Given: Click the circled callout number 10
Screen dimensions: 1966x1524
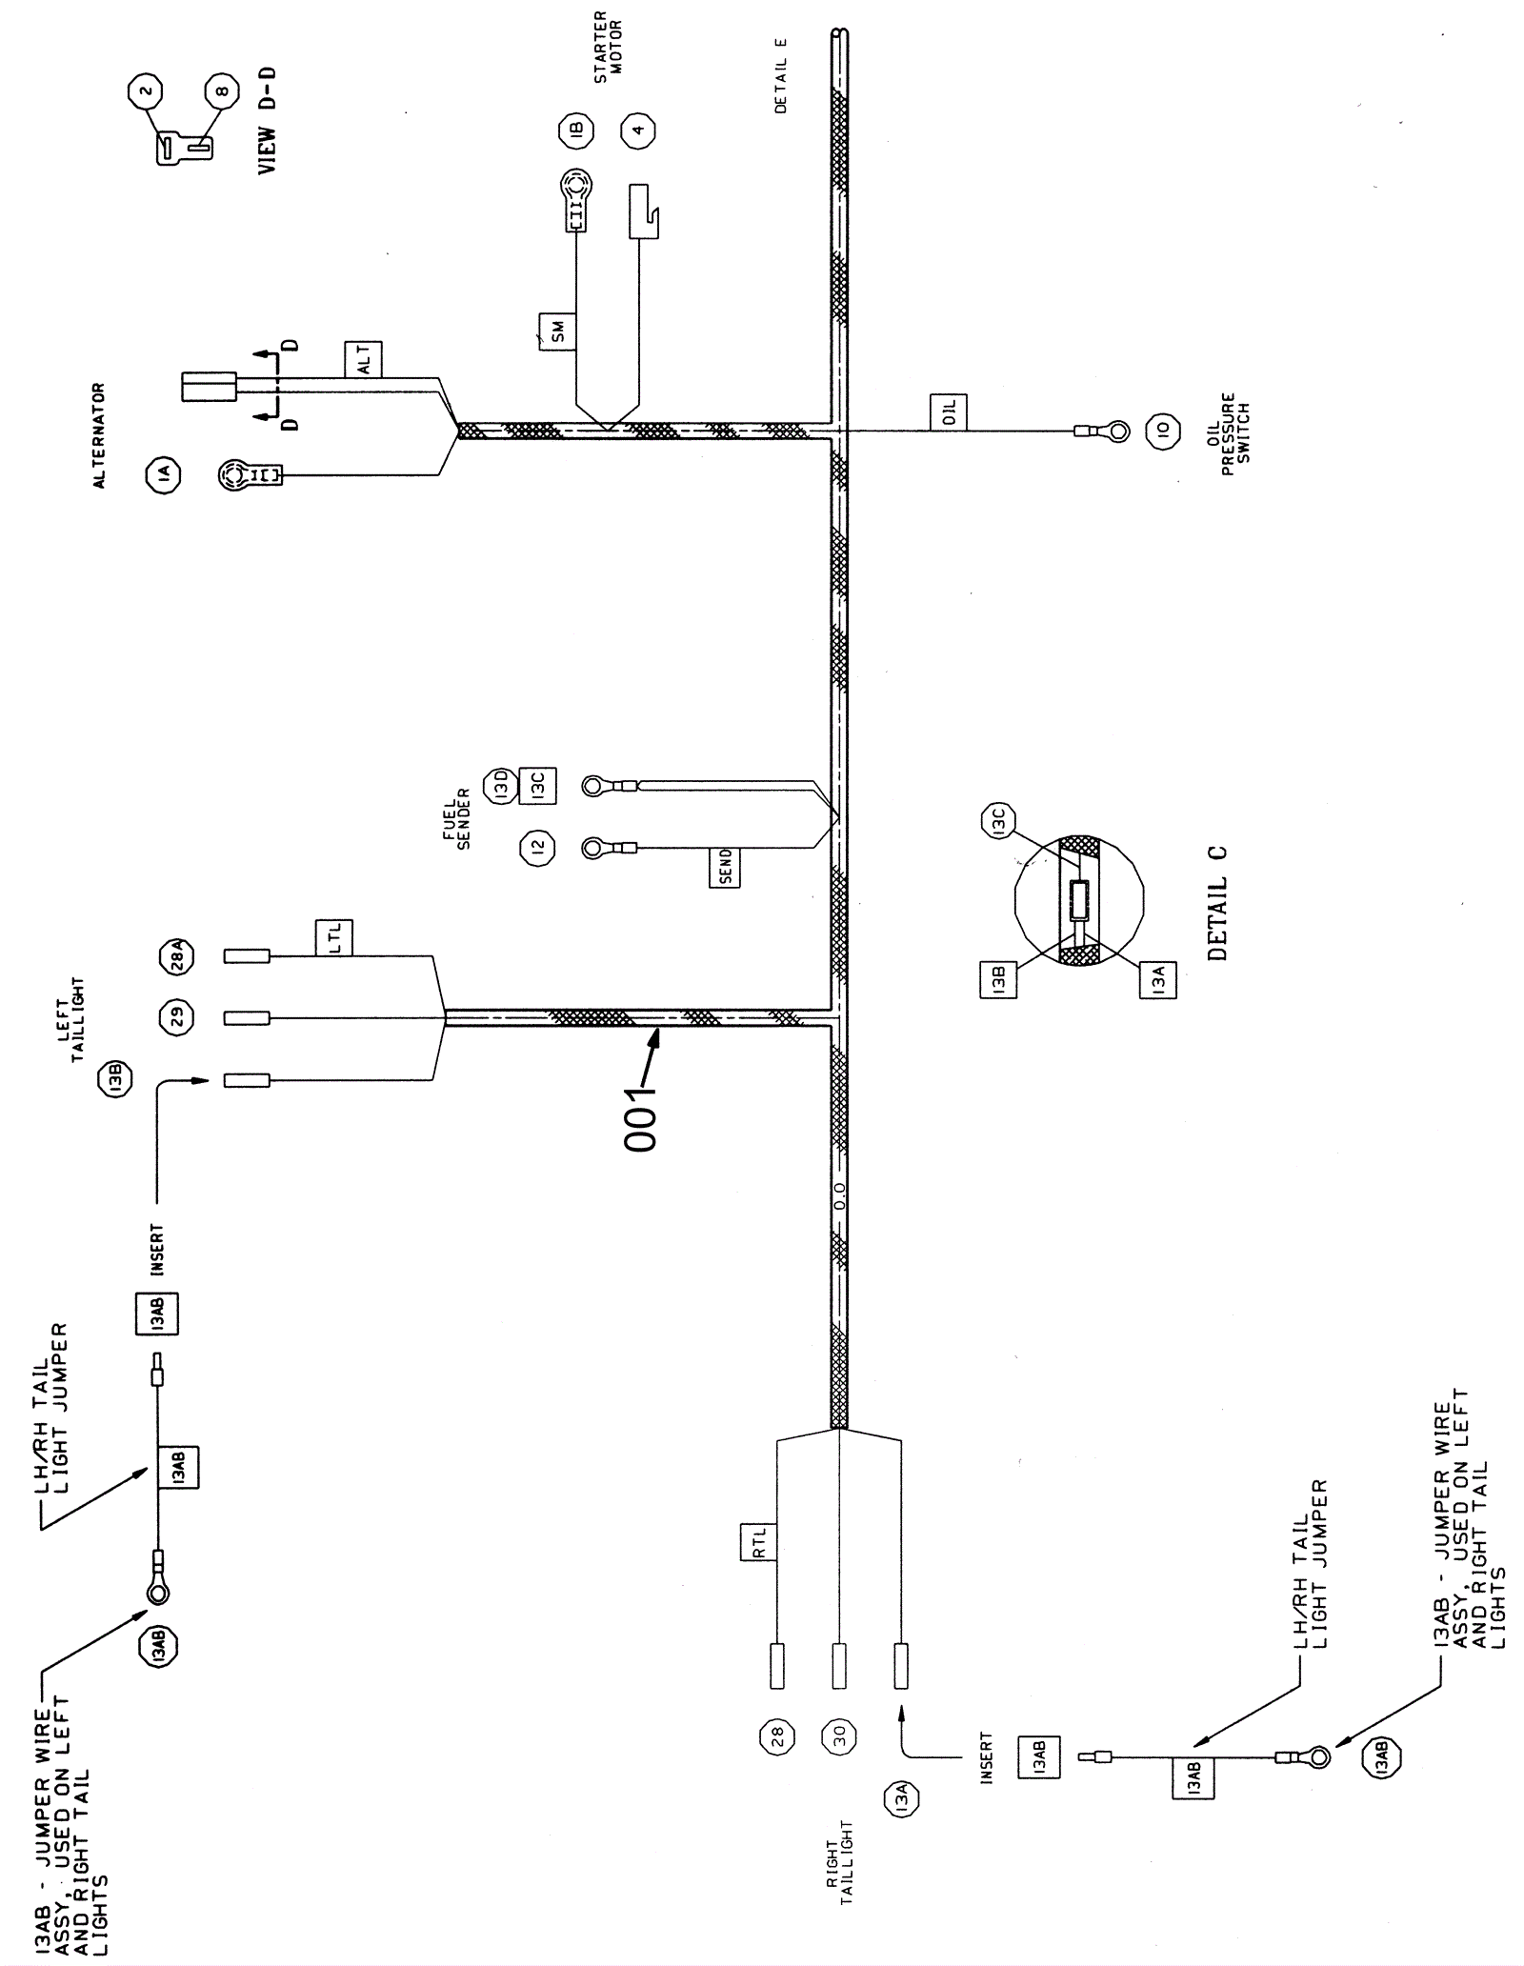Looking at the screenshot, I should pos(1161,431).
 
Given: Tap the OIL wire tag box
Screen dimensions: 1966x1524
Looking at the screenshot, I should pos(948,411).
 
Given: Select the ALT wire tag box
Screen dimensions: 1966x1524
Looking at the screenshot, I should pos(363,359).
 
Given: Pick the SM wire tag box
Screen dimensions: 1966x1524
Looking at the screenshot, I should pos(557,331).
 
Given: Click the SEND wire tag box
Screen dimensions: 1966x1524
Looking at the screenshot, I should pos(725,868).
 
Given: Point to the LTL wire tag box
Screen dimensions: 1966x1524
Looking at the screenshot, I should pos(334,937).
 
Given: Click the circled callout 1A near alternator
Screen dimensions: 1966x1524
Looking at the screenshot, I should pos(163,473).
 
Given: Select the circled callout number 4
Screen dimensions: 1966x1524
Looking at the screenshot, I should pos(638,129).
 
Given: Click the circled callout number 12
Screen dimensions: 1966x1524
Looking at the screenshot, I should pos(537,847).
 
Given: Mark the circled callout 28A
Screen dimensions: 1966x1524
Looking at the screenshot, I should pos(176,955).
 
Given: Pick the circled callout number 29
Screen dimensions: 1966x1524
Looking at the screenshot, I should pos(176,1017).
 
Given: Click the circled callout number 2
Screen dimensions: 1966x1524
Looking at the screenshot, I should pos(146,93).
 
